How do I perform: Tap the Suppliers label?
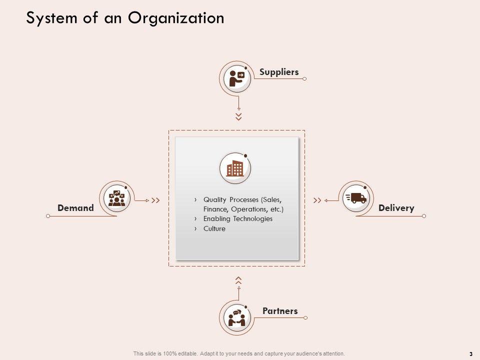[279, 72]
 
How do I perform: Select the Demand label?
[75, 208]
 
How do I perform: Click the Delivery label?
[396, 208]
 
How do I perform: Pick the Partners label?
[280, 311]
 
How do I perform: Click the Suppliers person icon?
[235, 77]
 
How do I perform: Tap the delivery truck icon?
[355, 198]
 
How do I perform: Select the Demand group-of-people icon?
[116, 198]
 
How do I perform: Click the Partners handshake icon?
[235, 317]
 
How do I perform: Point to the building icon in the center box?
[235, 168]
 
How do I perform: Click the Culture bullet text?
[214, 228]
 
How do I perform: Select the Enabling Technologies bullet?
[238, 219]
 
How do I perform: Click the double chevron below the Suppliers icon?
[239, 116]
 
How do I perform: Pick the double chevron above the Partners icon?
[239, 280]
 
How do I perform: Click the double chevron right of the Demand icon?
[155, 200]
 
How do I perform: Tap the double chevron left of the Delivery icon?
[317, 200]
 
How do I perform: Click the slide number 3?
[471, 353]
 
